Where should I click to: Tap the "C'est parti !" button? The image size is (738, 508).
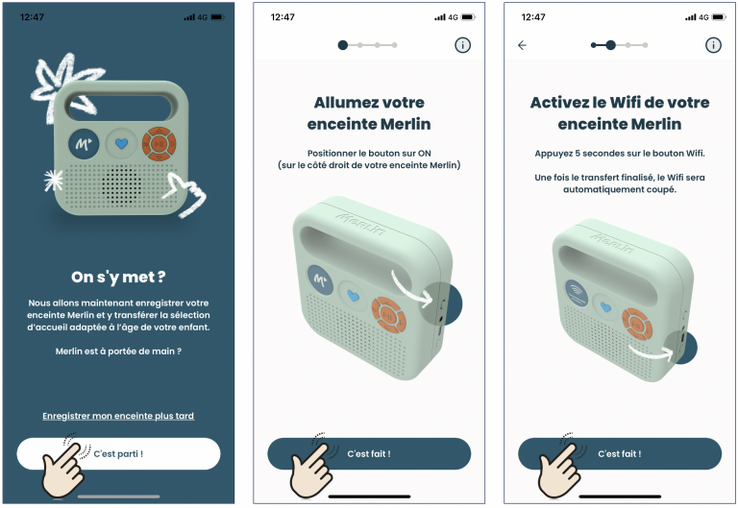118,453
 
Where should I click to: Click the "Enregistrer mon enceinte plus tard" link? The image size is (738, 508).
118,416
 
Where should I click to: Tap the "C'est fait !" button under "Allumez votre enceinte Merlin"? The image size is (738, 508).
369,453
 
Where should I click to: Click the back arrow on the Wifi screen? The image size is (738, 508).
522,45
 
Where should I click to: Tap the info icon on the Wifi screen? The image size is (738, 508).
713,45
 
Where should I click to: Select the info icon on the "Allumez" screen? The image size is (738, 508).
462,45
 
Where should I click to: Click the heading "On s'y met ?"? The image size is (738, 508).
118,278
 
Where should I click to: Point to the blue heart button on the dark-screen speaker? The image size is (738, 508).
121,143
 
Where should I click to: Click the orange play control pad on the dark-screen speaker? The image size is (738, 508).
160,143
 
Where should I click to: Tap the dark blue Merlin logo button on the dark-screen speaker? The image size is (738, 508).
84,143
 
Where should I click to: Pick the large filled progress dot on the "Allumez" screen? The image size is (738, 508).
343,45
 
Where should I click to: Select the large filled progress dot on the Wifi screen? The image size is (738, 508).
610,45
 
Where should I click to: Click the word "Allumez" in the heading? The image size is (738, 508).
339,102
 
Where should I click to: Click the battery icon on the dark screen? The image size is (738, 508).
217,17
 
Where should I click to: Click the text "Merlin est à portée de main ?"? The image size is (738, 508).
118,351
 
